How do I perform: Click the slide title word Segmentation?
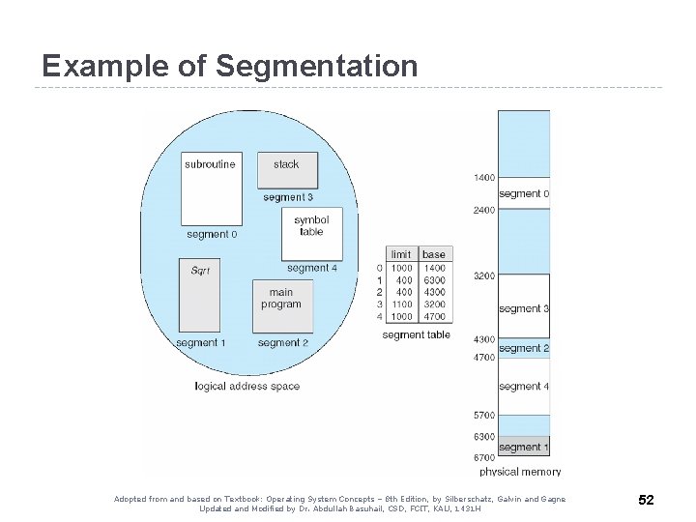317,67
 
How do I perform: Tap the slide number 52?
646,500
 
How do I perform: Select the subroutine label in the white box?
210,164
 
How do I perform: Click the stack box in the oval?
286,170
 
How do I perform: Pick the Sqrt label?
200,271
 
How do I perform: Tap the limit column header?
401,254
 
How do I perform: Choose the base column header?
434,254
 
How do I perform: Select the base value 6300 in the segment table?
434,280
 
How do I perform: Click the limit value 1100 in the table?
401,304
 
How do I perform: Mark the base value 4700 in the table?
434,316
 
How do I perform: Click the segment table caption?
416,335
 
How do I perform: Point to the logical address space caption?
246,387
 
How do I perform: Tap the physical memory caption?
520,472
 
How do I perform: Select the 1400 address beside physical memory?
484,178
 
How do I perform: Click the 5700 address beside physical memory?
484,416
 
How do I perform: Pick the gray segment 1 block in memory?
524,447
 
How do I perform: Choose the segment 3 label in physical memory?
524,309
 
